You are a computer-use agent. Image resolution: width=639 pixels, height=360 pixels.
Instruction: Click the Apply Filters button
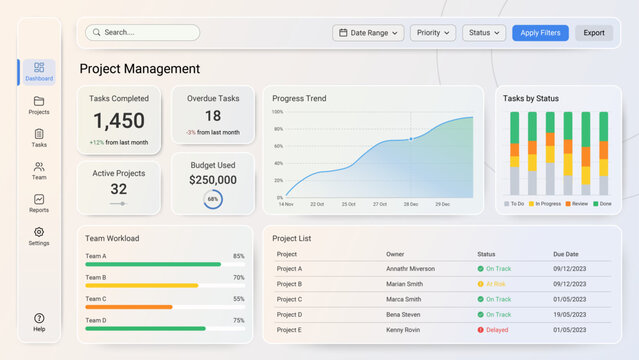point(540,33)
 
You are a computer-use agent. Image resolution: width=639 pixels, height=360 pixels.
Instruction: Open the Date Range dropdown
point(368,33)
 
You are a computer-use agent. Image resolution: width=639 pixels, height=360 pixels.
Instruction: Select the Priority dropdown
point(432,33)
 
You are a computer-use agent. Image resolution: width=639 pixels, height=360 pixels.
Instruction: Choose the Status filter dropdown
point(484,33)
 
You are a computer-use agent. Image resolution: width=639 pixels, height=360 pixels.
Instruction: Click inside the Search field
point(142,32)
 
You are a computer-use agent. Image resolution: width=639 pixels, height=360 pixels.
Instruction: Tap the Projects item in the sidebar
point(39,105)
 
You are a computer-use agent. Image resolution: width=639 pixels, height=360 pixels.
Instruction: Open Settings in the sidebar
point(39,236)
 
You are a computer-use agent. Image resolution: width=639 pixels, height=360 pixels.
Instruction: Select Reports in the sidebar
point(39,203)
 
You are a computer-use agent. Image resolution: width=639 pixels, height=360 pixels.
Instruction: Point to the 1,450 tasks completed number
point(119,121)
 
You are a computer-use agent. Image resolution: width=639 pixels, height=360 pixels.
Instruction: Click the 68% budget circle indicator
point(213,199)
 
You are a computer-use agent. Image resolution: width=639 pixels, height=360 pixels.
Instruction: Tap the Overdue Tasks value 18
point(213,116)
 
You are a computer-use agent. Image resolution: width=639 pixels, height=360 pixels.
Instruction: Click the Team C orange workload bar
point(129,307)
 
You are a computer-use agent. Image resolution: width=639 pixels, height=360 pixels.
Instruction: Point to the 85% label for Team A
point(238,256)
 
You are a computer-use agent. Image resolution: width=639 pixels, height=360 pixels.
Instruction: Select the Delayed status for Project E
point(494,329)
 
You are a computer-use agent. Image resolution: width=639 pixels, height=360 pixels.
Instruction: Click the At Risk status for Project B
point(493,284)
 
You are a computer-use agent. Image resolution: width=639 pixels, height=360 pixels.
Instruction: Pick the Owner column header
point(395,254)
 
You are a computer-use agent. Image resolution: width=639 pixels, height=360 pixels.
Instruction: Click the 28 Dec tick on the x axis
point(411,204)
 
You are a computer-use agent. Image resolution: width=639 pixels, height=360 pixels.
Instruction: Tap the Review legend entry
point(576,204)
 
